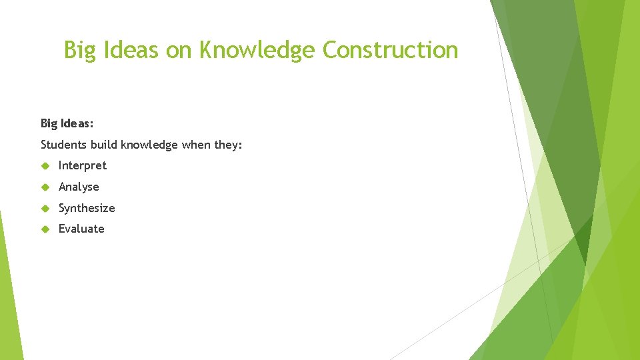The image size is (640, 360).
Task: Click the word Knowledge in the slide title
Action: (259, 51)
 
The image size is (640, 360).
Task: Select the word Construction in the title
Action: (390, 50)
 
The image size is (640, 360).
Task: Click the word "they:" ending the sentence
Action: (227, 145)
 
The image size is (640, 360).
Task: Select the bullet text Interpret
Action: (82, 165)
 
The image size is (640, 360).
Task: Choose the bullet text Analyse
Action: (79, 187)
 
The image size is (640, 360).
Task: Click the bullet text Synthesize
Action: (87, 208)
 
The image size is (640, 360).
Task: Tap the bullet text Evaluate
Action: (81, 229)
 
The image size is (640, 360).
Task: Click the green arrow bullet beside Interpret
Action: (45, 165)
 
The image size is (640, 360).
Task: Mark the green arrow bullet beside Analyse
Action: (45, 187)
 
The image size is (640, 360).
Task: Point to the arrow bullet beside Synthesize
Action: (45, 208)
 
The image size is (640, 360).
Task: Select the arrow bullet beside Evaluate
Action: (45, 229)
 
